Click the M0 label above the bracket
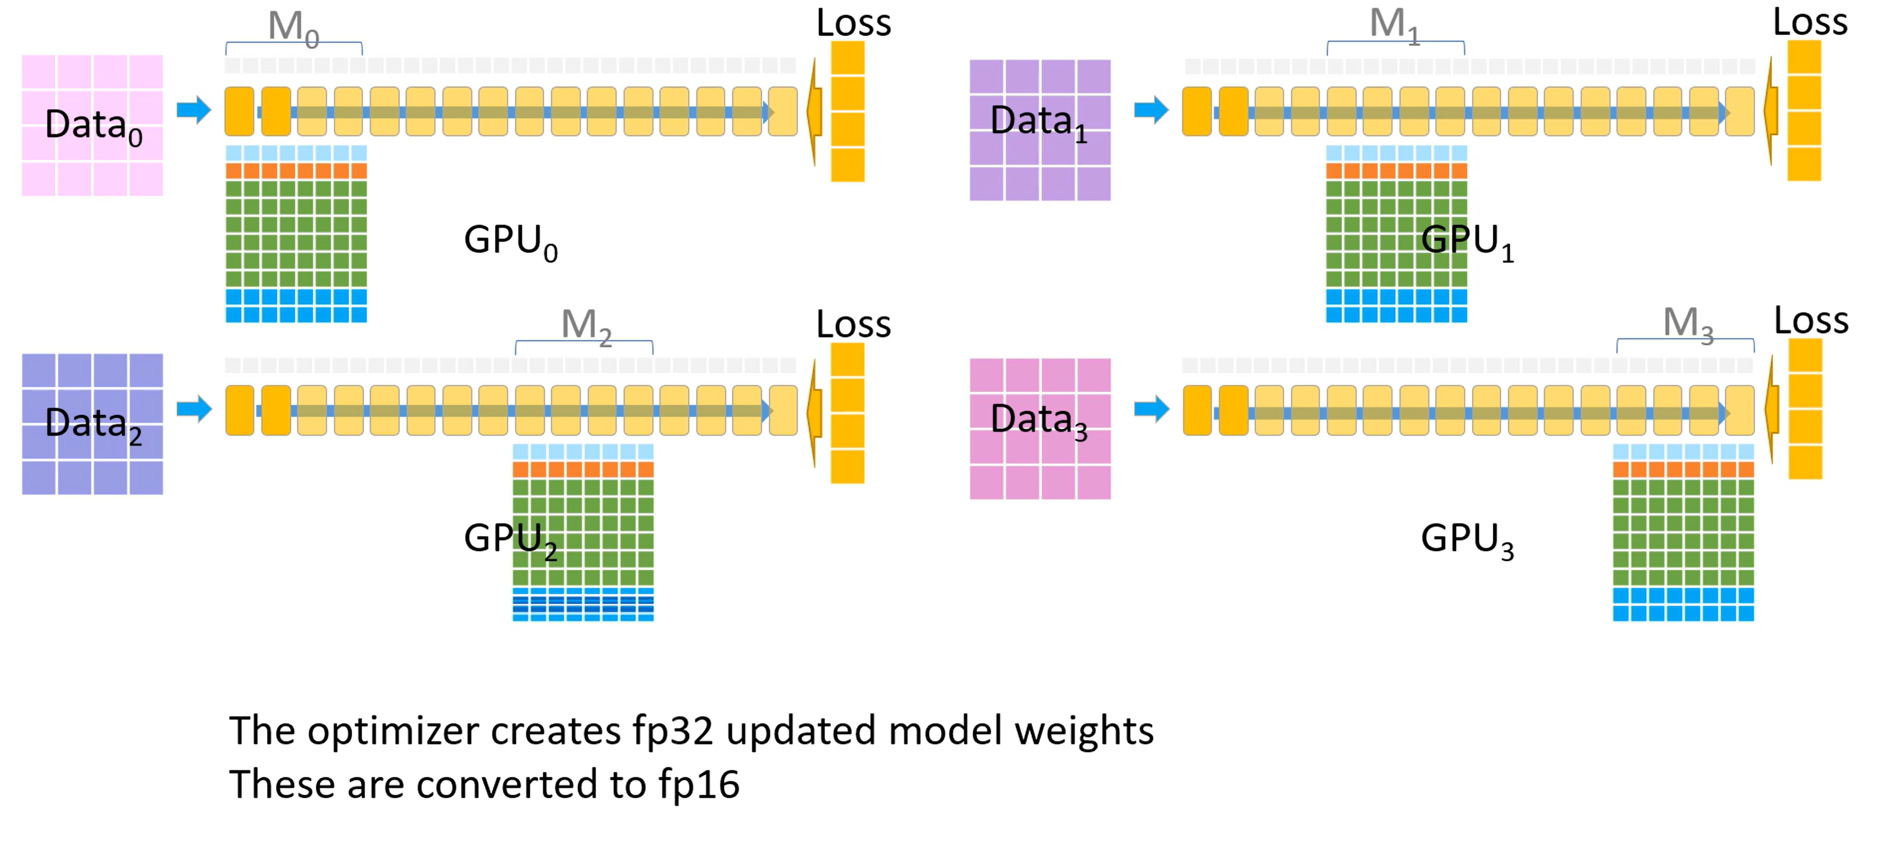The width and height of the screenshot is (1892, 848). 293,29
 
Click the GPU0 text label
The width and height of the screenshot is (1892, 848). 511,242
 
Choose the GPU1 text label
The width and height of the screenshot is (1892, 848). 1468,242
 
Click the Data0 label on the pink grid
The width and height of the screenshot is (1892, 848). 94,127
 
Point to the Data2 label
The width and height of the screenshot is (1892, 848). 94,425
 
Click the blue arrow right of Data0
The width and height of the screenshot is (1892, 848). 194,110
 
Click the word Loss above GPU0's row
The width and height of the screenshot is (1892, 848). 853,23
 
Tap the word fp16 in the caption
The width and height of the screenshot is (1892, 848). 698,785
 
